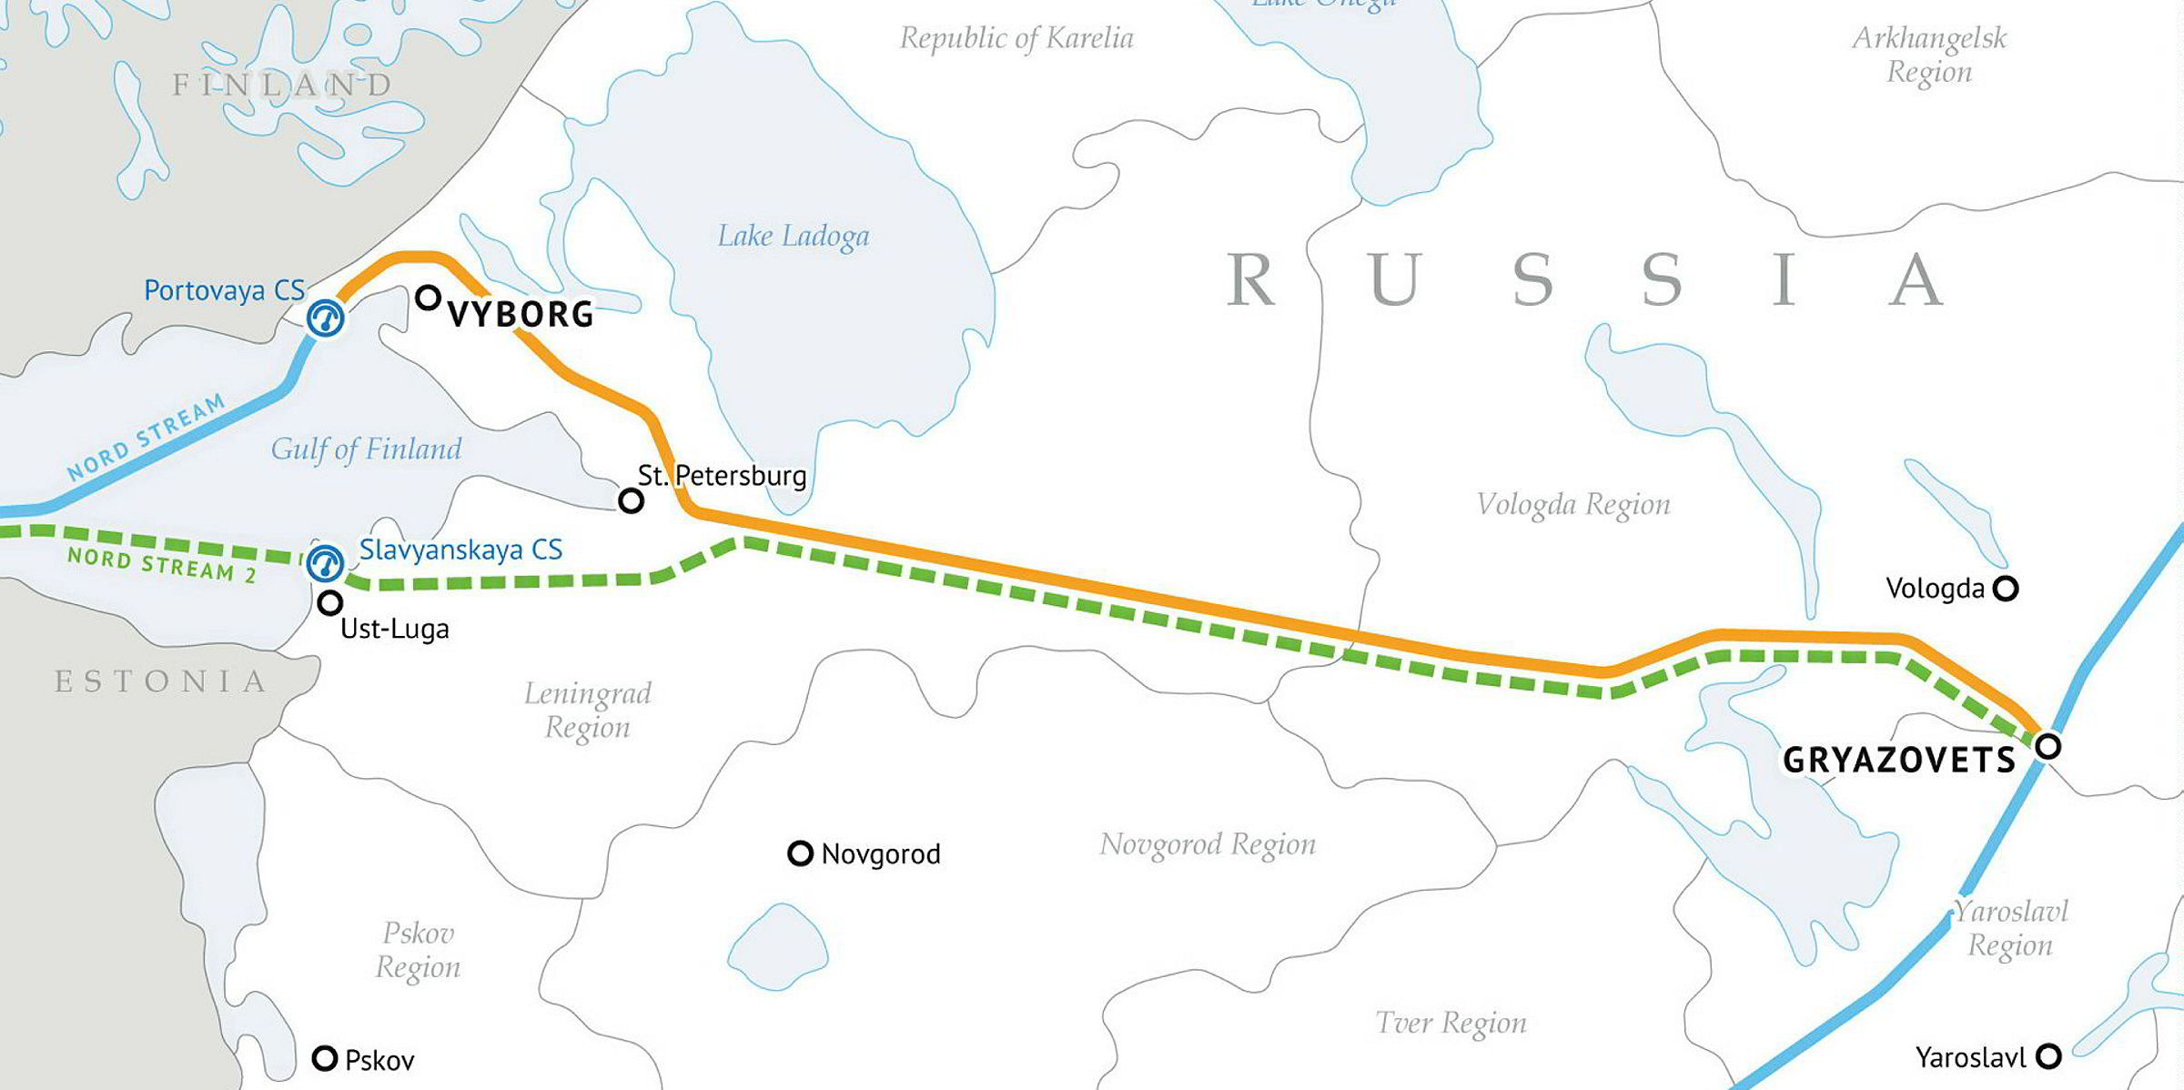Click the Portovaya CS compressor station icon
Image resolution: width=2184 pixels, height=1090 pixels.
coord(326,318)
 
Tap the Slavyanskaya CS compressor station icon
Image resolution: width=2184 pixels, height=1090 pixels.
coord(325,563)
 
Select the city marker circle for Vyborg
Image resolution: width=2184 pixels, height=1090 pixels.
coord(428,298)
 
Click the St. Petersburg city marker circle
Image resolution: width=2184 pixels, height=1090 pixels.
coord(631,500)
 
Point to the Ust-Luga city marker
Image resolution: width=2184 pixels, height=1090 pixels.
coord(329,602)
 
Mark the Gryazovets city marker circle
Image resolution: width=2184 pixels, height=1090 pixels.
coord(2047,747)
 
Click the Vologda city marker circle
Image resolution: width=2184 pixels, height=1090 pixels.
coord(2006,589)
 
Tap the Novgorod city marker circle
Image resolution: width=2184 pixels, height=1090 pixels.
coord(800,853)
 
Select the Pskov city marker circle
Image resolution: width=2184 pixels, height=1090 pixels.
coord(325,1058)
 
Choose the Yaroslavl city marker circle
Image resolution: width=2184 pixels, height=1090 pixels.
coord(2048,1056)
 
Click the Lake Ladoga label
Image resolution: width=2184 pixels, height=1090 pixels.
coord(793,237)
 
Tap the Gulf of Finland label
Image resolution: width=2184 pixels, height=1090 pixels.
coord(366,449)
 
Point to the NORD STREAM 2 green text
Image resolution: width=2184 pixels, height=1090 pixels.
coord(161,564)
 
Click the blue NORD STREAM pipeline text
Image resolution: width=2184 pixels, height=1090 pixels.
coord(146,439)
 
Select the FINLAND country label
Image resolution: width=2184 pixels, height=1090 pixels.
coord(283,86)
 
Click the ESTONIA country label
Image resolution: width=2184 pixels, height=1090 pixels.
coord(161,681)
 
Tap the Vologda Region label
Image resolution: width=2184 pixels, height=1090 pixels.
coord(1572,505)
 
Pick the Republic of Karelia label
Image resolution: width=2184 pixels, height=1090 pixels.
coord(1016,39)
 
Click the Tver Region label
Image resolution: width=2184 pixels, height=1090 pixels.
coord(1451,1024)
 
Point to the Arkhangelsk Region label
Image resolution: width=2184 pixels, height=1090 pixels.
coord(1929,55)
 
